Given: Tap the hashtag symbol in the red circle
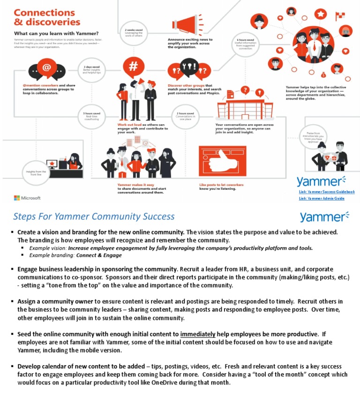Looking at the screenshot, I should [x=133, y=67].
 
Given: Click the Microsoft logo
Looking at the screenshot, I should [x=27, y=198].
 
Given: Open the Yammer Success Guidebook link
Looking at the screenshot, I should [x=326, y=192].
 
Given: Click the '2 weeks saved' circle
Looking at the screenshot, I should [x=134, y=33].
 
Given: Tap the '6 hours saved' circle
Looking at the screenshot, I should [x=244, y=44].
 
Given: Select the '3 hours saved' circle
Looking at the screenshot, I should [x=91, y=116].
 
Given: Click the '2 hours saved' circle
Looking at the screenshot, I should [x=185, y=116].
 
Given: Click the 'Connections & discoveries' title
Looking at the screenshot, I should [x=46, y=17].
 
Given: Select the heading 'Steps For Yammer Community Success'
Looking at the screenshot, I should [x=94, y=216].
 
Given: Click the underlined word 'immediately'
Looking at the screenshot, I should [x=198, y=334].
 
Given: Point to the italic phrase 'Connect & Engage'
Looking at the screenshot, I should [x=99, y=256].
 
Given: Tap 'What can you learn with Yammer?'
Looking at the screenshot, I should [x=56, y=33].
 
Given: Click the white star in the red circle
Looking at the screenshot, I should [x=321, y=14].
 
